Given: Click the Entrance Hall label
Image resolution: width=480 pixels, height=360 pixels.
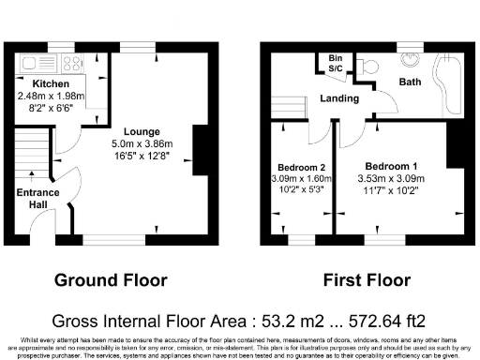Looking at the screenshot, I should [37, 198].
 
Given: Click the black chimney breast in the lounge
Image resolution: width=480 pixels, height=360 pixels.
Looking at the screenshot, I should [200, 148].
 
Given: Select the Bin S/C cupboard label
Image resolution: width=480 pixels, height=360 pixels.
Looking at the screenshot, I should [334, 63].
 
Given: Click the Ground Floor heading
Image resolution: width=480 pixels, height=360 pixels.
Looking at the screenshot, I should [111, 279].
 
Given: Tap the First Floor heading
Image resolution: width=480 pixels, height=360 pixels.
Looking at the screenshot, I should [367, 279].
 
